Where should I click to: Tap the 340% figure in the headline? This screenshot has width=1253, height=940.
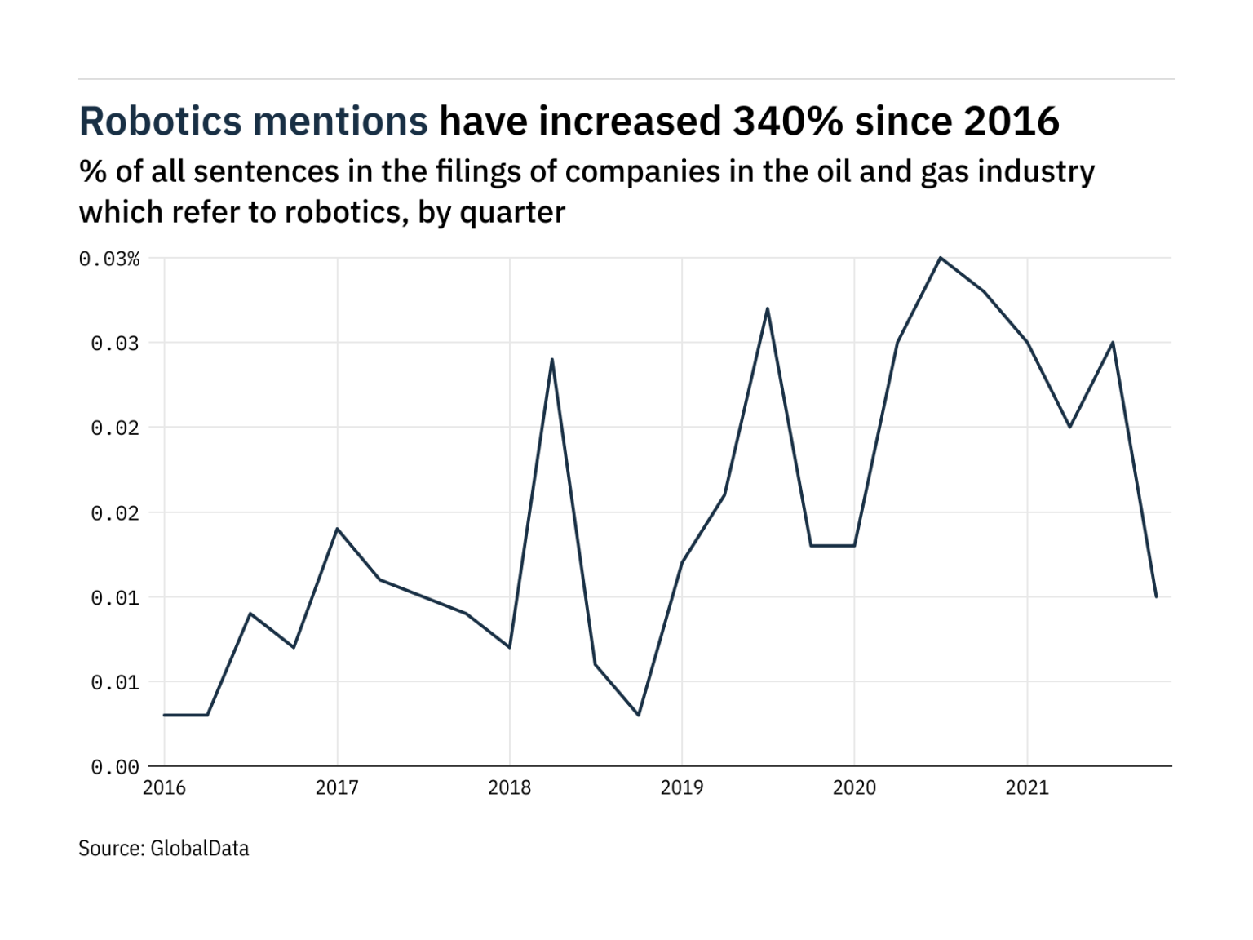pyautogui.click(x=787, y=122)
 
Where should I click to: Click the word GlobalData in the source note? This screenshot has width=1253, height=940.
pyautogui.click(x=199, y=849)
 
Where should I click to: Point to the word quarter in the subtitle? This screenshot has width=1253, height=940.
pyautogui.click(x=512, y=213)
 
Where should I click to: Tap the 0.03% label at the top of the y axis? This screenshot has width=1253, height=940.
pyautogui.click(x=109, y=259)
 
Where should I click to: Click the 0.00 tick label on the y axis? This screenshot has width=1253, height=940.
pyautogui.click(x=115, y=767)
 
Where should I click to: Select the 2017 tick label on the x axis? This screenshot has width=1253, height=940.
pyautogui.click(x=337, y=788)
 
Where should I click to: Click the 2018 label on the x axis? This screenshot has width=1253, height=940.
pyautogui.click(x=509, y=788)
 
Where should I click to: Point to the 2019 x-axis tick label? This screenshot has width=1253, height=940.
pyautogui.click(x=682, y=788)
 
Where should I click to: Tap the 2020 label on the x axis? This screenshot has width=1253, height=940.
pyautogui.click(x=854, y=788)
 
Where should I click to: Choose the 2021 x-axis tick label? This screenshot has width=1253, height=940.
pyautogui.click(x=1027, y=788)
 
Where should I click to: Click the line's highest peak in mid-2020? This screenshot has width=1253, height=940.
pyautogui.click(x=941, y=258)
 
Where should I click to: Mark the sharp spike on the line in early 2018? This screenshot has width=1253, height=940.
pyautogui.click(x=552, y=359)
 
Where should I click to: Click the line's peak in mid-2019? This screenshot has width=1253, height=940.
pyautogui.click(x=768, y=308)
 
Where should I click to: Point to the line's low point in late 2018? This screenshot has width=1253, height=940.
pyautogui.click(x=639, y=716)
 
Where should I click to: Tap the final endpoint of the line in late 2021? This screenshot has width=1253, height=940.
pyautogui.click(x=1156, y=596)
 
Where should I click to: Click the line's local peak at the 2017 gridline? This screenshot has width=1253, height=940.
pyautogui.click(x=337, y=529)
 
